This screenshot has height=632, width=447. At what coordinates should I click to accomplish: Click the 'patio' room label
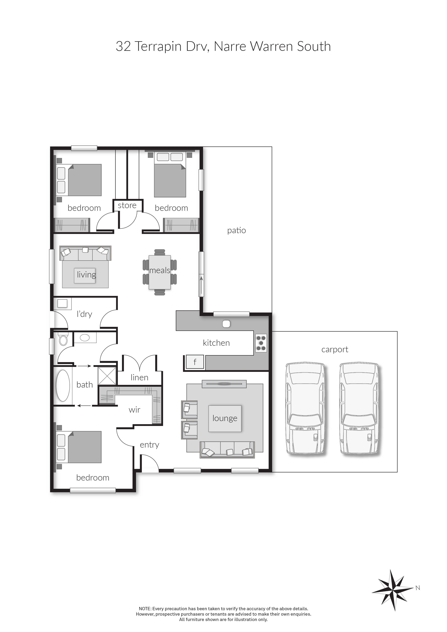click(x=236, y=230)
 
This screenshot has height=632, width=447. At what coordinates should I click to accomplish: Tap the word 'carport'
click(x=335, y=350)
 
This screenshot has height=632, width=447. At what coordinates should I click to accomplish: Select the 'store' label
click(x=127, y=205)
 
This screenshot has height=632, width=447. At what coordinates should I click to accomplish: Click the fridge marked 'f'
click(x=195, y=362)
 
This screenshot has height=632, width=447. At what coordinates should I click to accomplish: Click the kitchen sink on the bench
click(x=226, y=324)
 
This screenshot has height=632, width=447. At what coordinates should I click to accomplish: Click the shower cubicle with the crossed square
click(x=107, y=376)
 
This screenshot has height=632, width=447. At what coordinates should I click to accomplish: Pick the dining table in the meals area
click(x=160, y=272)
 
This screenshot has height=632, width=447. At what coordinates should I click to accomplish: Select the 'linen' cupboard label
click(x=140, y=377)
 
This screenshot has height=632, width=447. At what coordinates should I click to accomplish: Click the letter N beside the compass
click(x=418, y=588)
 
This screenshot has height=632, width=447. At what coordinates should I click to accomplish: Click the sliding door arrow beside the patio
click(x=201, y=285)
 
